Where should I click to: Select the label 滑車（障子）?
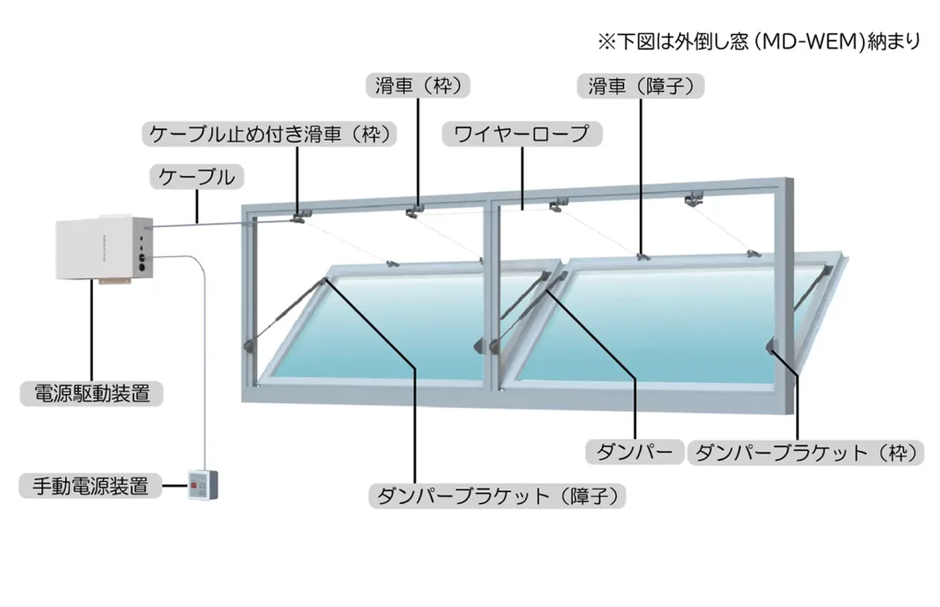(x=641, y=85)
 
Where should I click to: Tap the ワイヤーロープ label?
(x=521, y=134)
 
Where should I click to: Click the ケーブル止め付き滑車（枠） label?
(x=271, y=134)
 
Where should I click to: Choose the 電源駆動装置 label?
(x=92, y=394)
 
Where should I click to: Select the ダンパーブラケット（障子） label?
(x=500, y=497)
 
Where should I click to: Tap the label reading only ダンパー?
(x=634, y=452)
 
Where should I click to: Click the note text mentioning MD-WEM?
(x=757, y=41)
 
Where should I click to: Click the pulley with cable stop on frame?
(x=298, y=217)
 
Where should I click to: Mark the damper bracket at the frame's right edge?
(x=773, y=345)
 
